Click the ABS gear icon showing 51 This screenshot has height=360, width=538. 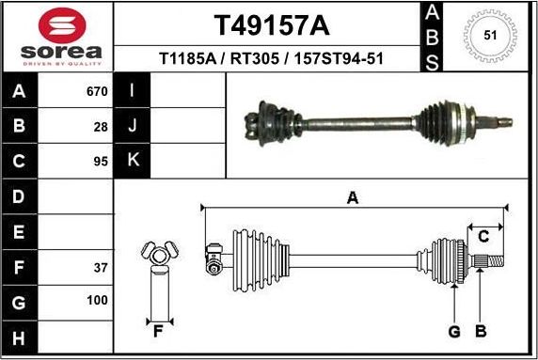coord(489,36)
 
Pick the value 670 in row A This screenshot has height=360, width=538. coord(97,92)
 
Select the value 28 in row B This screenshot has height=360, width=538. coord(101,126)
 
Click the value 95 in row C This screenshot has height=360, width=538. coord(101,161)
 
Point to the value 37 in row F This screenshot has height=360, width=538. coord(101,268)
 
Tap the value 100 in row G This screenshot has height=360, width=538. coord(98,302)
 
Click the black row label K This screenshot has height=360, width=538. coord(133,160)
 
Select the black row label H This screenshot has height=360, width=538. coord(20,337)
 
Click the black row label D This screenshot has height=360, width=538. coord(20,196)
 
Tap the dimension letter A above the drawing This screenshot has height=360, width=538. coord(353,197)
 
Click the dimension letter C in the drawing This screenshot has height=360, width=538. coord(483,236)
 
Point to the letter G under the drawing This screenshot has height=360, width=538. coord(453,331)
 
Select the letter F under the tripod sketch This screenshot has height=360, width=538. coord(158,331)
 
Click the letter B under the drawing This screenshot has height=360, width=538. coord(480,331)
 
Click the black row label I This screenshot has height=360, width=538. coord(133,91)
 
